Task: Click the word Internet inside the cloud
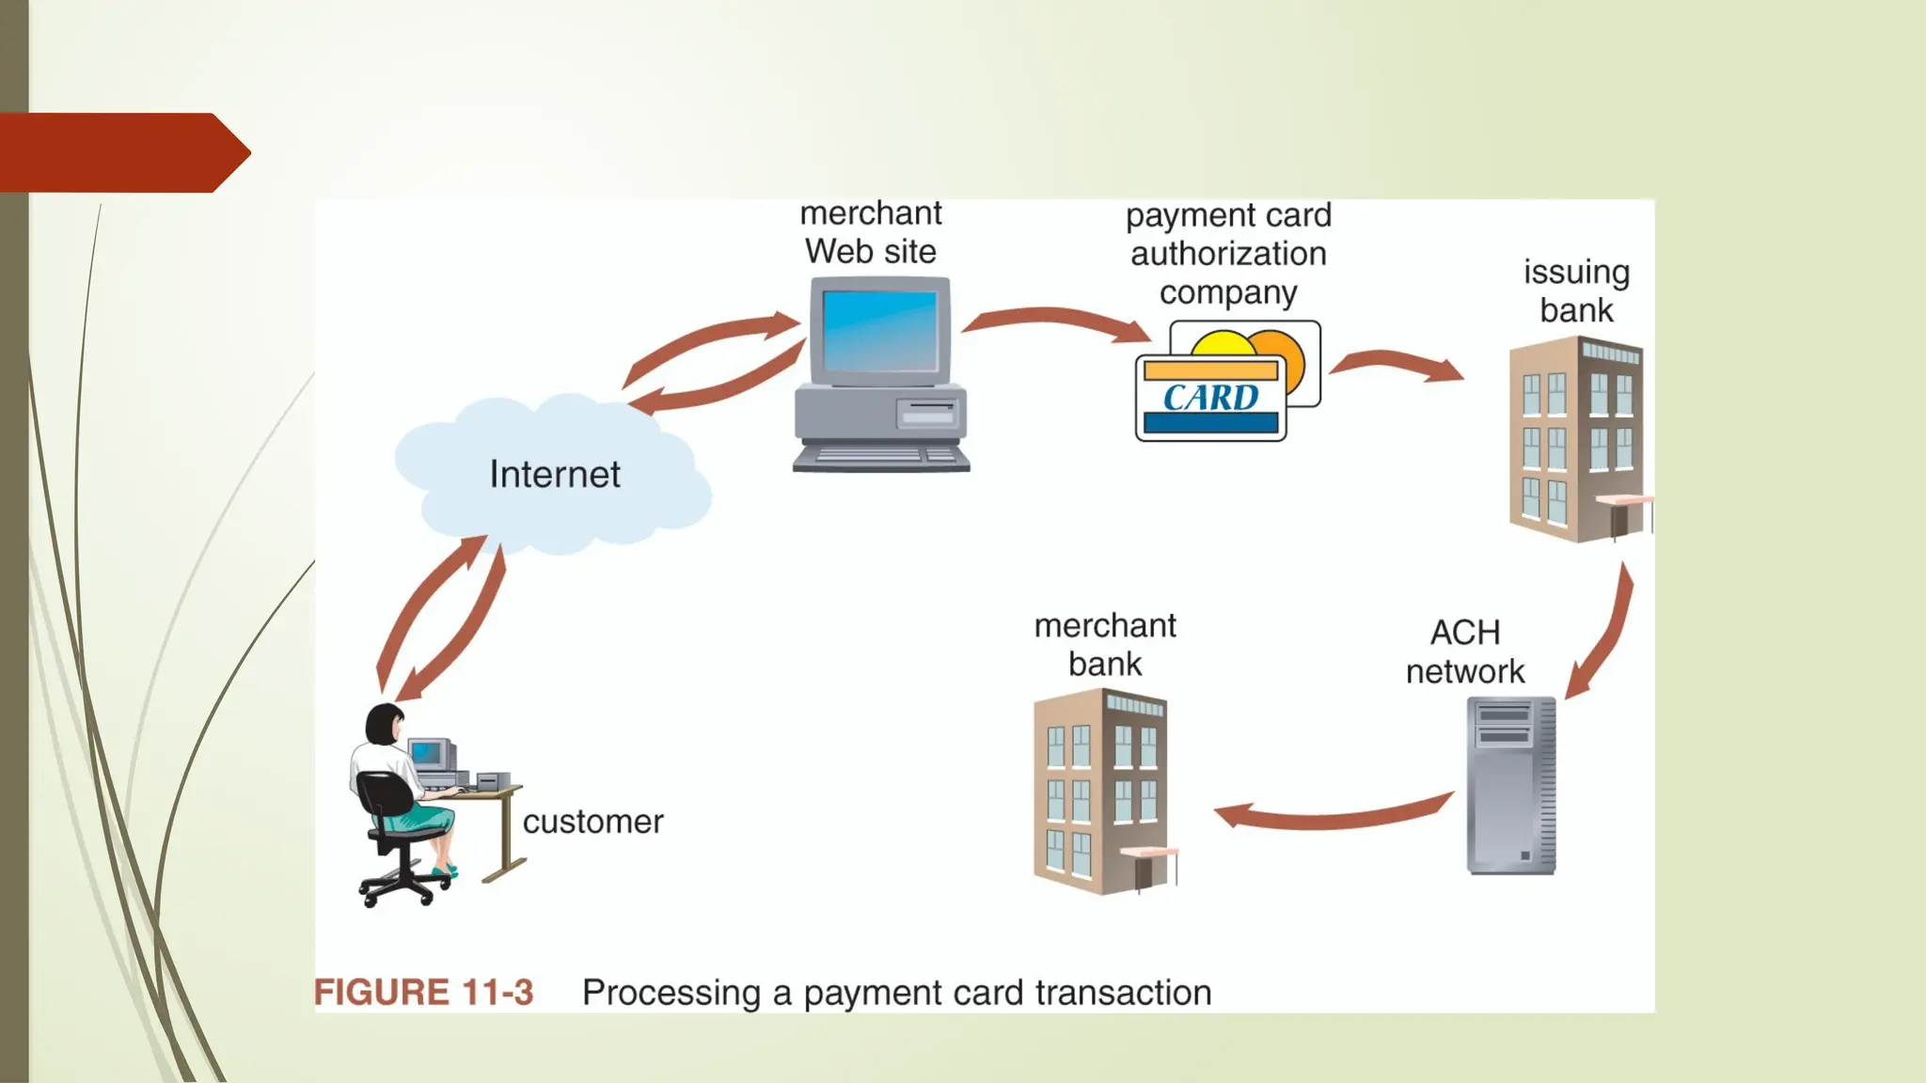pos(555,475)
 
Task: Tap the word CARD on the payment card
pos(1210,398)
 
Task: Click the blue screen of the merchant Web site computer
pos(880,331)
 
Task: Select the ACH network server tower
pos(1510,786)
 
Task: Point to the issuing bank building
pos(1576,440)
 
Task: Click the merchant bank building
pos(1101,792)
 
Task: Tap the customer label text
pos(592,822)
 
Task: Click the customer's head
pos(384,724)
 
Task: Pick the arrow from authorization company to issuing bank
pos(1397,365)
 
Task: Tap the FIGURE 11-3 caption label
pos(423,993)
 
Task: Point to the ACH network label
pos(1464,651)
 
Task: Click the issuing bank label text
pos(1576,290)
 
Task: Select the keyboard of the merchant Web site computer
pos(881,458)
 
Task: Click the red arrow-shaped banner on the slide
pos(122,152)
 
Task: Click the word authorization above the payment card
pos(1228,254)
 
